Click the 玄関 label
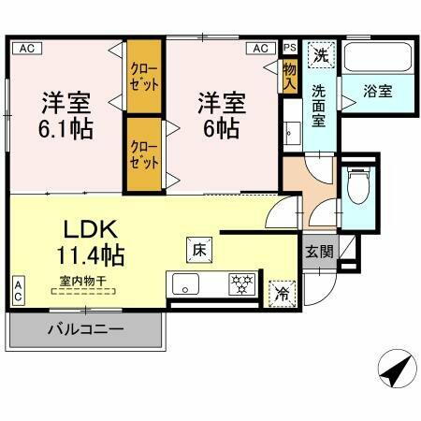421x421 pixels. coord(317,251)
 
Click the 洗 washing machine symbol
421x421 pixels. coord(319,55)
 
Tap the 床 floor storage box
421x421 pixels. coord(198,250)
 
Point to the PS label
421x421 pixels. coord(289,47)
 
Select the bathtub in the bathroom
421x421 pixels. coord(377,57)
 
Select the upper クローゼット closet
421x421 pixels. coord(144,78)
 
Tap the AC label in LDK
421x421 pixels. coord(19,290)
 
